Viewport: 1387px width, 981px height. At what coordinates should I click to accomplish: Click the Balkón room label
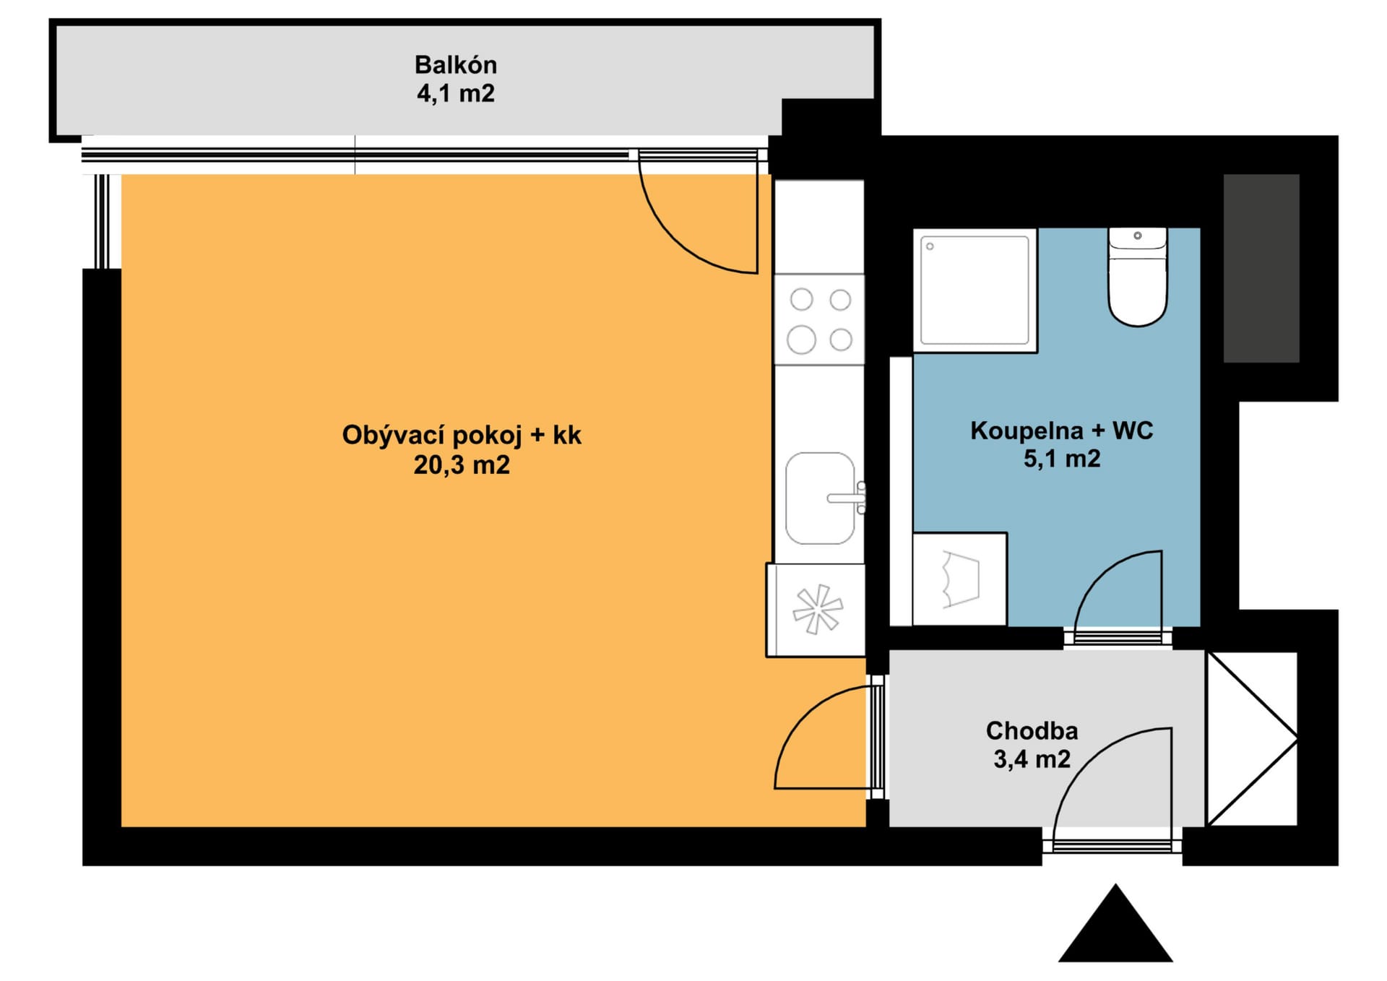point(455,65)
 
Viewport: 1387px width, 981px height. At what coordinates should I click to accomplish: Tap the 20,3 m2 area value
point(462,464)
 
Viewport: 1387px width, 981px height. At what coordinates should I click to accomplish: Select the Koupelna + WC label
point(1061,431)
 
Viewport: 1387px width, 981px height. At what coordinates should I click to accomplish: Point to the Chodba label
point(1032,730)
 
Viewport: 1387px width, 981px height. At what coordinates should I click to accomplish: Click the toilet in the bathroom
point(1138,277)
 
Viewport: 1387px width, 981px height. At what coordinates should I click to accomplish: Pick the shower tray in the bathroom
point(975,290)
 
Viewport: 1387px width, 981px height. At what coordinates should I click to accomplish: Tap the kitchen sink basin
point(820,498)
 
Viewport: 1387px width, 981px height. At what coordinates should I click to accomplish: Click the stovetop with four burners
point(819,319)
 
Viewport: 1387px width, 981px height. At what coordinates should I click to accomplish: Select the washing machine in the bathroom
point(960,579)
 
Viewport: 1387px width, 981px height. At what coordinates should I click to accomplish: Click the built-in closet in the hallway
point(1252,739)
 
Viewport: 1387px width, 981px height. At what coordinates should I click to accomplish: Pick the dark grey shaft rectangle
point(1261,268)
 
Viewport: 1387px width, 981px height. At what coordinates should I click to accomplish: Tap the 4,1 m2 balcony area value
point(455,94)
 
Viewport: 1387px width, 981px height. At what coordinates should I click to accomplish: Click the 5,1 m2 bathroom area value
point(1061,459)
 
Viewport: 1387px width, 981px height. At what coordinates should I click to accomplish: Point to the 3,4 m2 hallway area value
point(1032,759)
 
